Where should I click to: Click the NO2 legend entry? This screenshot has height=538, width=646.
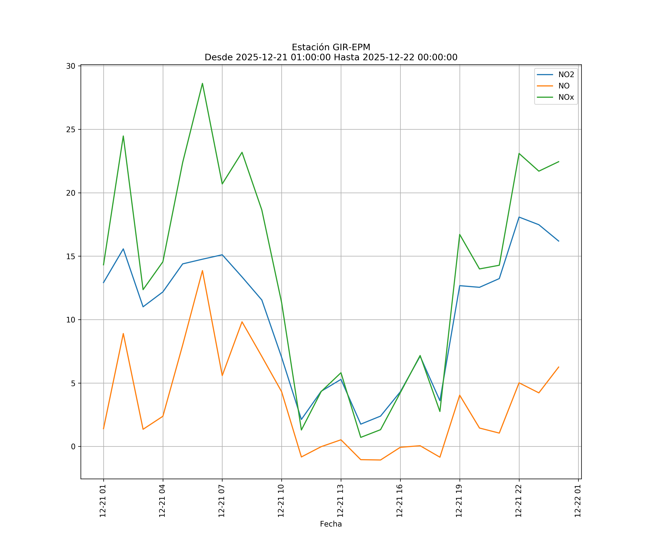[x=566, y=75]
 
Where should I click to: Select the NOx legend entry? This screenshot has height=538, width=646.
[x=566, y=97]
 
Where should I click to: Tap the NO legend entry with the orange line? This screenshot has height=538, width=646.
[x=564, y=86]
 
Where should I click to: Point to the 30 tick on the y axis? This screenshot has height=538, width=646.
[x=71, y=66]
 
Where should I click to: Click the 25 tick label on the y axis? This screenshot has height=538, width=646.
[x=71, y=129]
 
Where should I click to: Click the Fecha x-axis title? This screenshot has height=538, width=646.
[x=331, y=524]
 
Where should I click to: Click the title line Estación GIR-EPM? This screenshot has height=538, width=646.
[x=331, y=47]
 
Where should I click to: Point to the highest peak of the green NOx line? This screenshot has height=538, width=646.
[x=202, y=83]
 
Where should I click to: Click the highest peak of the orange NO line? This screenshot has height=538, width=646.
[x=202, y=271]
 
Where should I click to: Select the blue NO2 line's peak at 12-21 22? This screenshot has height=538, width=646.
[x=519, y=217]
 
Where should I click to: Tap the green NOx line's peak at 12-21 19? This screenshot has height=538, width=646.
[x=460, y=234]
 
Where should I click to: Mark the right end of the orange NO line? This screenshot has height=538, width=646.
[x=559, y=367]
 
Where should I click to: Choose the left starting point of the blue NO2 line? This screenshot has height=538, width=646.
[x=103, y=282]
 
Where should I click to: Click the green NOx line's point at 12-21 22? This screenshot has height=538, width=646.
[x=519, y=153]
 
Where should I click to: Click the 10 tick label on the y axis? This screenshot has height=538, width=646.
[x=71, y=320]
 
